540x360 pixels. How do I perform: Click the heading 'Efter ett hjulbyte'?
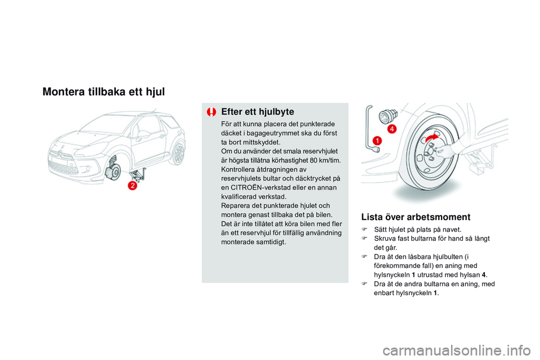258,111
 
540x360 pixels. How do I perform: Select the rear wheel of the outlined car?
178,152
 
